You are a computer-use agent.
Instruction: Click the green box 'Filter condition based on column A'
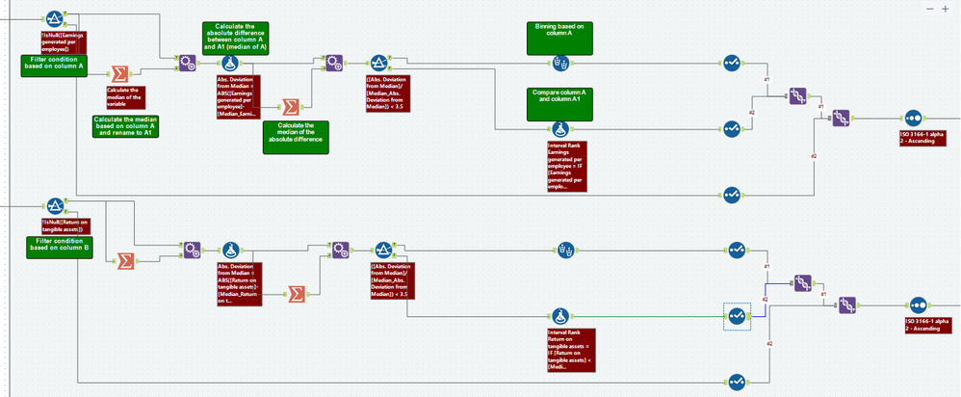click(55, 65)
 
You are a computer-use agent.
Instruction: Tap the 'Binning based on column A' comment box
click(559, 37)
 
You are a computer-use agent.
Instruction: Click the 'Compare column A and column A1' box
click(559, 102)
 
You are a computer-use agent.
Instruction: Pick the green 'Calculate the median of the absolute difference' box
click(296, 136)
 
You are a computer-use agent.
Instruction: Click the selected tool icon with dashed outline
click(738, 315)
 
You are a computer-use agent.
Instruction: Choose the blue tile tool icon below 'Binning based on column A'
click(560, 64)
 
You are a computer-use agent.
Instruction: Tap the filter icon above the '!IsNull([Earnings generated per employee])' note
click(55, 18)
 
